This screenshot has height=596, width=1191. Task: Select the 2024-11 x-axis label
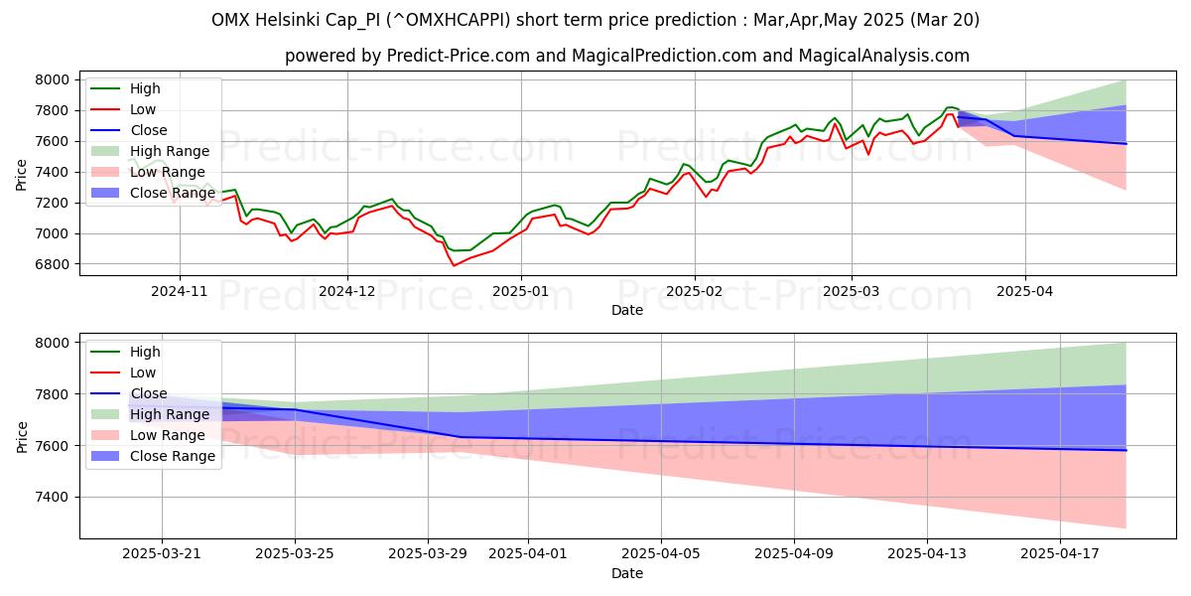click(x=180, y=292)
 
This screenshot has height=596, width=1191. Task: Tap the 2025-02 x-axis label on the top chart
click(x=694, y=292)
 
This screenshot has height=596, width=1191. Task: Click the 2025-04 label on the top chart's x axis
click(x=1025, y=292)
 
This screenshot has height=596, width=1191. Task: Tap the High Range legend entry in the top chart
click(x=170, y=151)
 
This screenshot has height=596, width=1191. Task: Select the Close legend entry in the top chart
click(x=149, y=130)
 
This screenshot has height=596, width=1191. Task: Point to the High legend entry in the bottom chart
click(x=145, y=352)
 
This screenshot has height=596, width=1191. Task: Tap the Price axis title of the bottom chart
click(x=22, y=436)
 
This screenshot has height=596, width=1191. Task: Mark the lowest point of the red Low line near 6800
click(x=455, y=265)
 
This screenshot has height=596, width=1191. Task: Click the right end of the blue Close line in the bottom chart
click(x=1125, y=450)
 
